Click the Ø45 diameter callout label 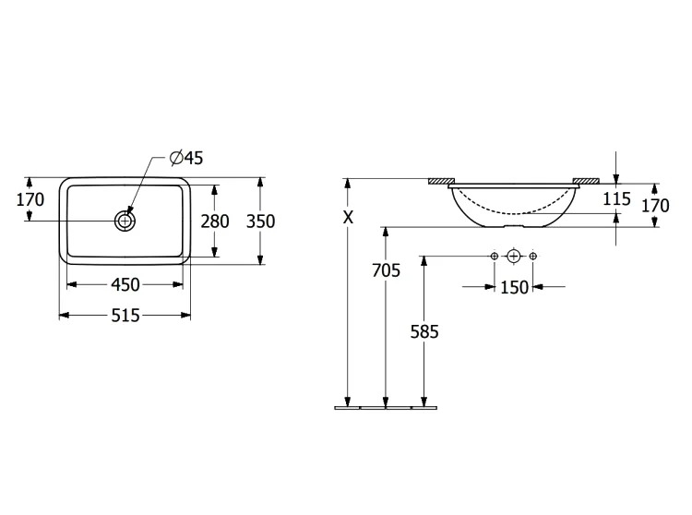coord(186,158)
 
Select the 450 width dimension coord(125,284)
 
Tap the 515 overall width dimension coord(125,316)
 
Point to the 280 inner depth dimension coord(215,222)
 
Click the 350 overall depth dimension coord(260,222)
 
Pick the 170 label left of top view coord(30,199)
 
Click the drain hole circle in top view coord(125,221)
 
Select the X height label coord(349,217)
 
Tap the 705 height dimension coord(386,270)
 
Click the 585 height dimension coord(424,331)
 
